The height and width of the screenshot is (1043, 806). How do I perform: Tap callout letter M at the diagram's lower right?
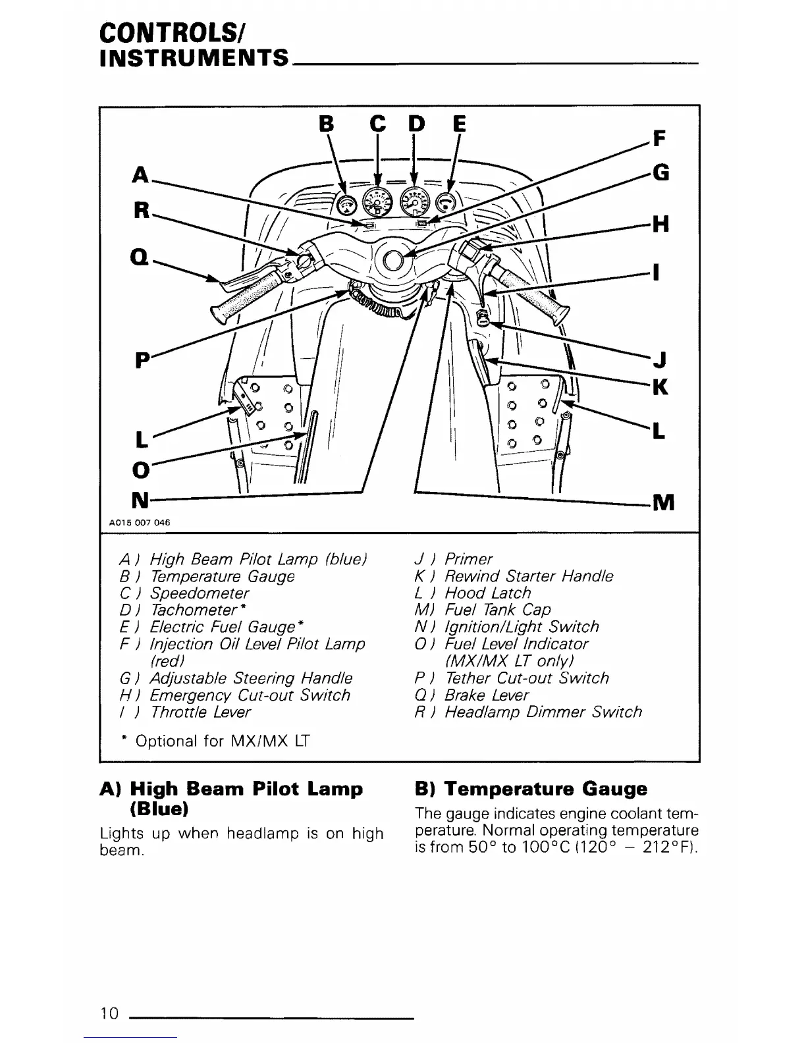pyautogui.click(x=662, y=503)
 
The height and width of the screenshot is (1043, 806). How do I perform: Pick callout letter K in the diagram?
pyautogui.click(x=660, y=387)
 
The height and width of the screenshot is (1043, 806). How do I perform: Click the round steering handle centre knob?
pyautogui.click(x=394, y=261)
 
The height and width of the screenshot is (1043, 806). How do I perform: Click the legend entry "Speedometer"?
pyautogui.click(x=200, y=593)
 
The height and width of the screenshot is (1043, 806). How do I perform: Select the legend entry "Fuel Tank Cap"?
pyautogui.click(x=498, y=610)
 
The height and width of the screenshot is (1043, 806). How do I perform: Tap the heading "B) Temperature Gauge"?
pyautogui.click(x=531, y=789)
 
